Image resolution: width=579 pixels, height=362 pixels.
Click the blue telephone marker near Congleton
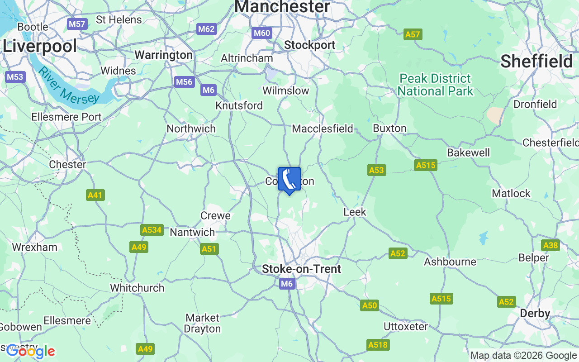coord(289,180)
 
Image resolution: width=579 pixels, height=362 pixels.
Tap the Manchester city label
coord(282,7)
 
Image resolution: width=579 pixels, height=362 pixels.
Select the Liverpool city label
coord(40,46)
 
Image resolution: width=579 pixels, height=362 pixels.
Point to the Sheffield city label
coord(536,61)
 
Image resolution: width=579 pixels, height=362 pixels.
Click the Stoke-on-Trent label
coord(302,269)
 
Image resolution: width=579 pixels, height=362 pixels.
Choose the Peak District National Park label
coord(435,85)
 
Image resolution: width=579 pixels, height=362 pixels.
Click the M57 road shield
coord(77,24)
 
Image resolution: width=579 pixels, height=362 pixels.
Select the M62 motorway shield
coord(207,29)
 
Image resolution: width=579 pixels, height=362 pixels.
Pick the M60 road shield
coord(262,33)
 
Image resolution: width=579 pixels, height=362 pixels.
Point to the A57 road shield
coord(413,34)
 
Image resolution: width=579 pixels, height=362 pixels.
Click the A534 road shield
coord(152,230)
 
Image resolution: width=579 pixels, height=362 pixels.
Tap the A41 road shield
coord(95,195)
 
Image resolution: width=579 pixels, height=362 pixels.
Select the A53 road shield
coord(376,170)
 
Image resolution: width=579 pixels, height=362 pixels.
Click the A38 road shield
coord(551,245)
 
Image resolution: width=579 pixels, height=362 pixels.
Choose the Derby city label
coord(535,313)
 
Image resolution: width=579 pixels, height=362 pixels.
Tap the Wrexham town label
coord(35,247)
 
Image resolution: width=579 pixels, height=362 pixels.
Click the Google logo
coord(31,351)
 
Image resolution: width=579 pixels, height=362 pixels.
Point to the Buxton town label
coord(389,128)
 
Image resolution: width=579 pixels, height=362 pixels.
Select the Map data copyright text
coord(524,356)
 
